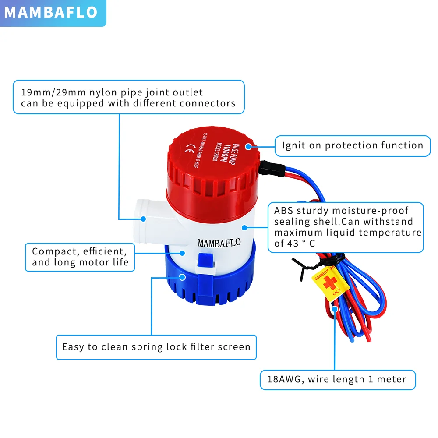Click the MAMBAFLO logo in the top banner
coord(51,12)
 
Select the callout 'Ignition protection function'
coord(353,146)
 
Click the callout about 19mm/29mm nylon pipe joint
coord(128,97)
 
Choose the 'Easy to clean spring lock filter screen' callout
coord(156,347)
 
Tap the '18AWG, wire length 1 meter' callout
coord(337,379)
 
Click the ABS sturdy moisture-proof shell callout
coord(347,227)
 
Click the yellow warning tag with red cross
coord(330,284)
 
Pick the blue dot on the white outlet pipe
coord(143,218)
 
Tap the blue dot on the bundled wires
coord(335,309)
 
